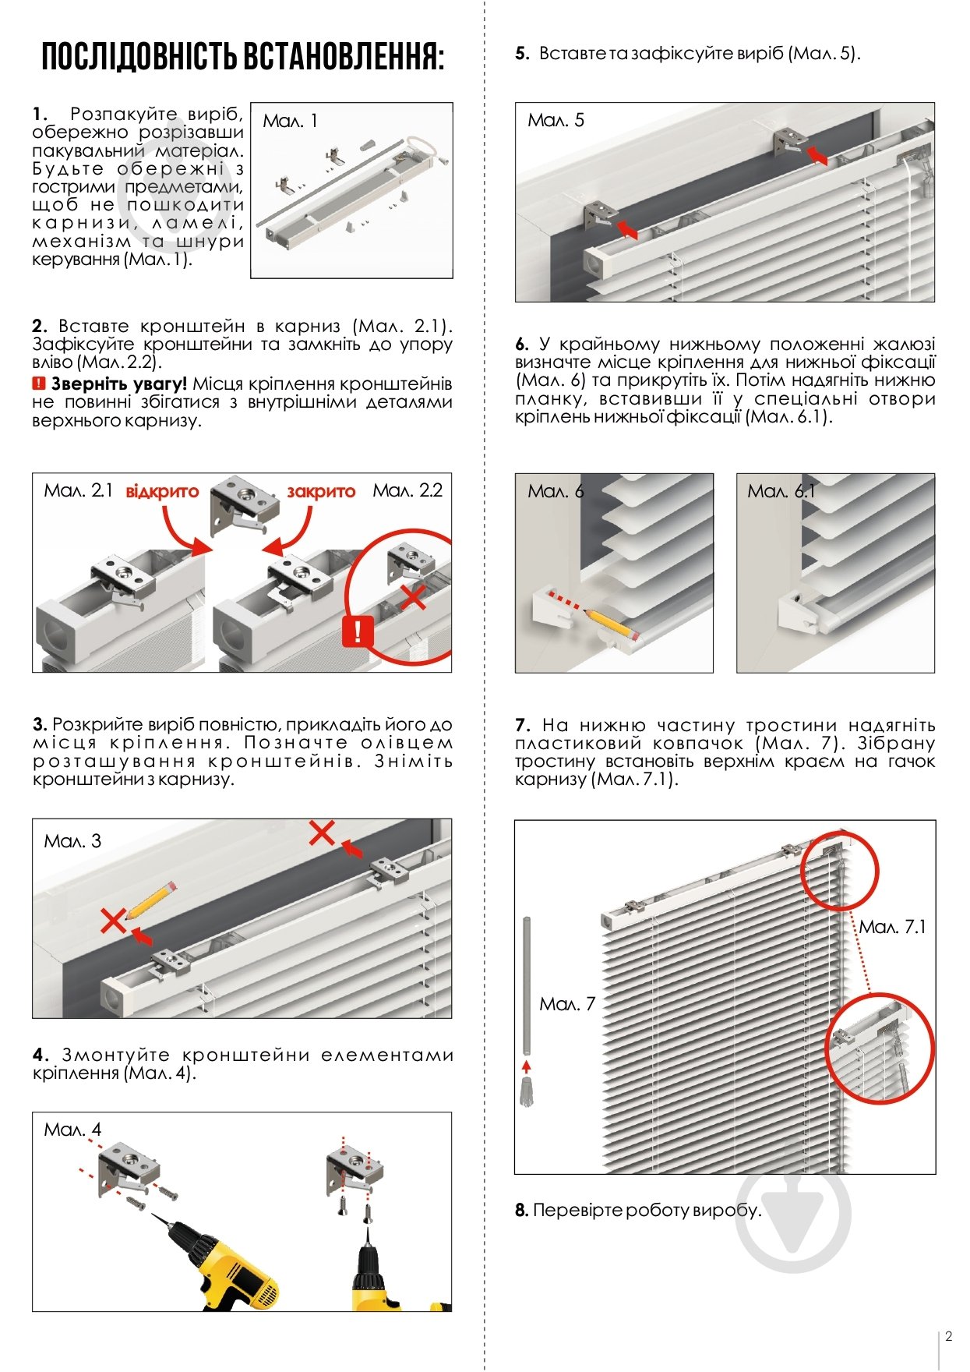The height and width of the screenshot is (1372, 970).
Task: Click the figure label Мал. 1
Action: click(290, 121)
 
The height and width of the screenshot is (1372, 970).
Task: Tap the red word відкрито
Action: click(162, 492)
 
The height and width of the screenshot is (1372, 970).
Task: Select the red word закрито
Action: click(321, 492)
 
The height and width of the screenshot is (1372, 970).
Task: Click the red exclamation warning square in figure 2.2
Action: click(358, 630)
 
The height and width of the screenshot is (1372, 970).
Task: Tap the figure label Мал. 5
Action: click(556, 120)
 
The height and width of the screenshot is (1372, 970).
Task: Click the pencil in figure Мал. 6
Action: click(611, 624)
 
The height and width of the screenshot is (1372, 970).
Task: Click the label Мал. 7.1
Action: click(892, 927)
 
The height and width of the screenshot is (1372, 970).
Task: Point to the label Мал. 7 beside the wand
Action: click(567, 1004)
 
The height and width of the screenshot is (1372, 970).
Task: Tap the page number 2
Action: click(948, 1336)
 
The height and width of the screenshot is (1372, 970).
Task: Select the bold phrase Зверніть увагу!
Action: click(119, 384)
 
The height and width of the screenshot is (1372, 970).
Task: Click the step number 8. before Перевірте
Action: click(521, 1211)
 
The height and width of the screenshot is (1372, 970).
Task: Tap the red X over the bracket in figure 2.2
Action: click(413, 596)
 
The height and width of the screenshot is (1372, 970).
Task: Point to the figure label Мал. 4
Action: click(72, 1130)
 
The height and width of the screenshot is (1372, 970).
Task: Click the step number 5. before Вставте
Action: click(522, 54)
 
